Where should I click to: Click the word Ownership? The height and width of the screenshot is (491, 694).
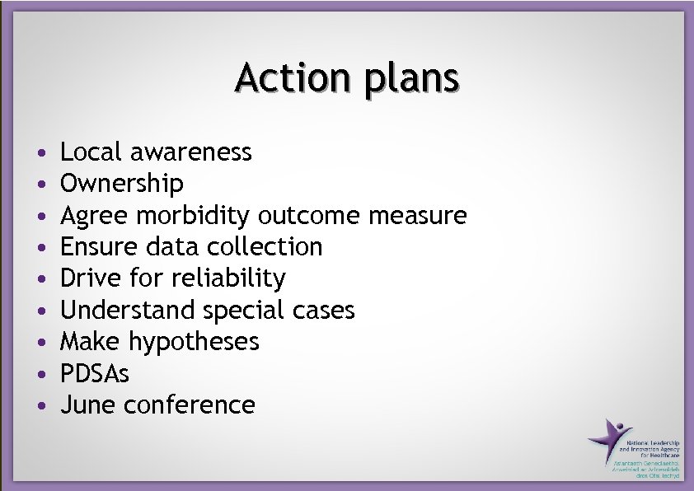[x=122, y=184]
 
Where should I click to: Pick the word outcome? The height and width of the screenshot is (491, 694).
[x=309, y=216]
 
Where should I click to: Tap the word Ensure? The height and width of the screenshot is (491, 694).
[x=96, y=247]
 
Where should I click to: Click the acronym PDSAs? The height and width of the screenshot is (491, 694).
[x=95, y=374]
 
